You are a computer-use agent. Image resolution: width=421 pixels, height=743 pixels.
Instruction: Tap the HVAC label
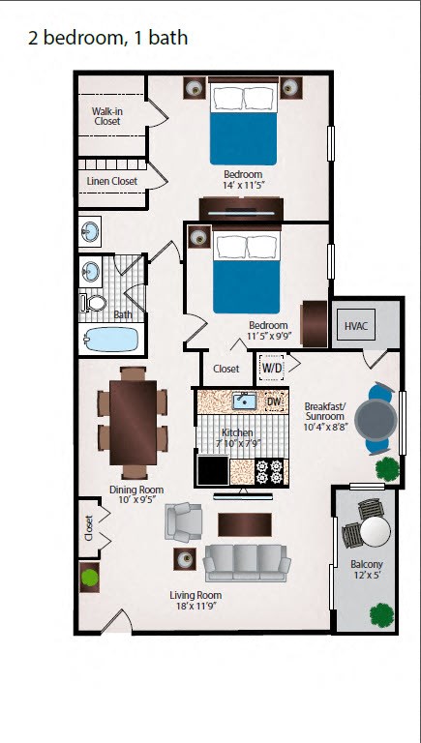click(357, 327)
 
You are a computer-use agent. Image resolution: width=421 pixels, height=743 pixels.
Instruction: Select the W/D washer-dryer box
click(273, 369)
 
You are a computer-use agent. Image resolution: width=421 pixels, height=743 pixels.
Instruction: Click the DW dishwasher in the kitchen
click(274, 401)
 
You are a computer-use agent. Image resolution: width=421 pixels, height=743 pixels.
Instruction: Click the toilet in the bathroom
click(95, 302)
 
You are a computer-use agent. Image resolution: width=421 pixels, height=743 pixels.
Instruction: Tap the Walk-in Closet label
click(107, 116)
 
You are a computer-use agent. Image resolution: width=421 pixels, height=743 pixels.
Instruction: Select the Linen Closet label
click(111, 181)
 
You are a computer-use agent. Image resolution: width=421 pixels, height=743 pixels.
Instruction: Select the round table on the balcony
click(374, 530)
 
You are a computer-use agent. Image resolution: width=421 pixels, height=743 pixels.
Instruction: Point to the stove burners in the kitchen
click(270, 471)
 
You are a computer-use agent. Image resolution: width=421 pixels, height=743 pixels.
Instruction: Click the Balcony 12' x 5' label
click(367, 570)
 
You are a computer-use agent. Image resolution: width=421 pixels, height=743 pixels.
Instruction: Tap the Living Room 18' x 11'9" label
click(196, 601)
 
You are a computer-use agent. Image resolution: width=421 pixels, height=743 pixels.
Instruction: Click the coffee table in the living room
click(238, 523)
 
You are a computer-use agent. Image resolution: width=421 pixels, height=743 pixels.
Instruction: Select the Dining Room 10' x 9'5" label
click(135, 495)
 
